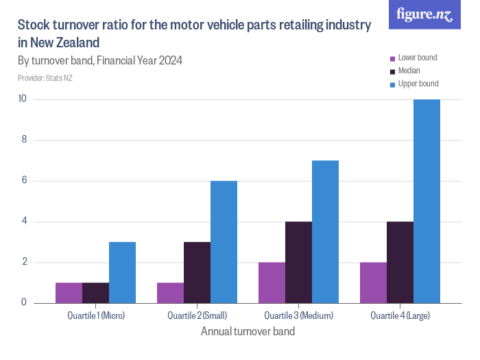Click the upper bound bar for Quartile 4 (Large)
coord(427,201)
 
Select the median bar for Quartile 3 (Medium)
coord(298,262)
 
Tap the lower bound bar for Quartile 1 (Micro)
coord(69,292)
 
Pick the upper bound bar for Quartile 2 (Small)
coord(224,241)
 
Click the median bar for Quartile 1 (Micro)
coord(95,292)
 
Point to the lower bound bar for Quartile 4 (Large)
coord(373,282)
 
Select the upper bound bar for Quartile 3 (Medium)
coord(325,231)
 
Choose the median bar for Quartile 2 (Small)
coord(197,272)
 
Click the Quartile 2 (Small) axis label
coord(197,316)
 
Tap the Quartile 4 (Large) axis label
coord(400,316)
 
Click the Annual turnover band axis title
coord(248,332)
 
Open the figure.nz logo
coord(424,14)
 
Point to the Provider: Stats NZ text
coord(45,78)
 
